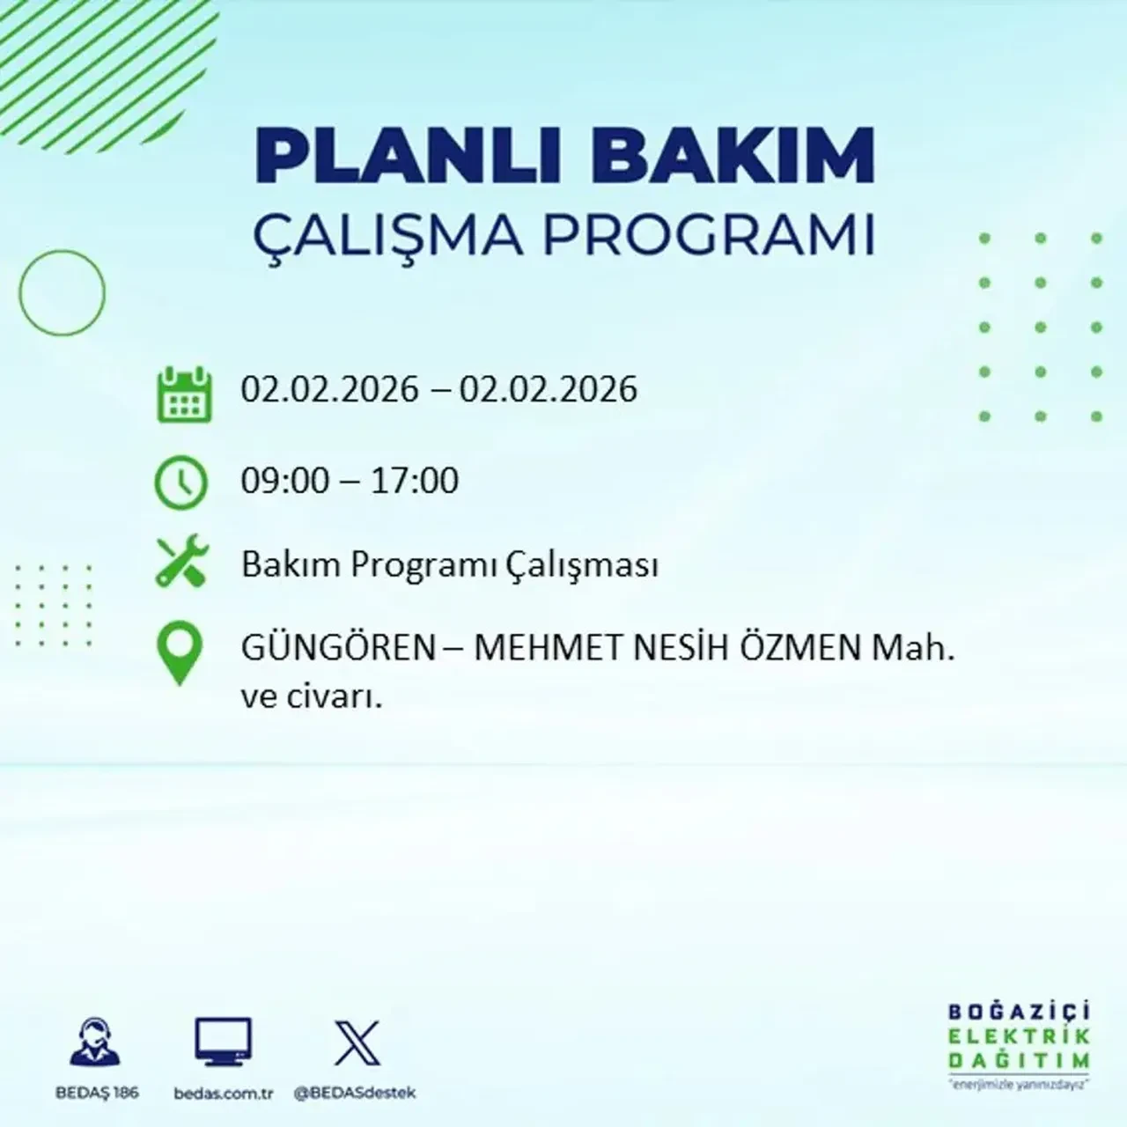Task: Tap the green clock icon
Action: (x=181, y=482)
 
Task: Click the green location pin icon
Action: (x=179, y=653)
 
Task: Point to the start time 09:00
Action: (x=284, y=481)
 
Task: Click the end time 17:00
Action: (x=415, y=481)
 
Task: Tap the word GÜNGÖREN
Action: (x=338, y=650)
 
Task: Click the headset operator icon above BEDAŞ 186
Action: (x=96, y=1042)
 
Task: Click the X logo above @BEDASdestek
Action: (x=357, y=1043)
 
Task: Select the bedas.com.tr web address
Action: (x=224, y=1094)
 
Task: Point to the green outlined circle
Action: (x=62, y=292)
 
